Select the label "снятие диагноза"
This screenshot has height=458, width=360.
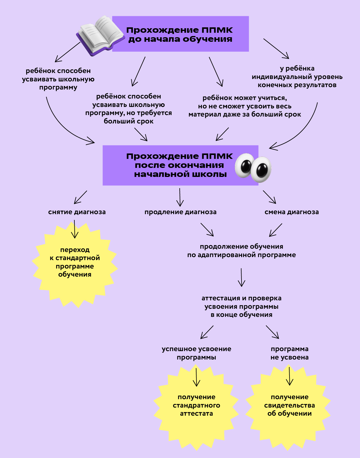click(x=77, y=212)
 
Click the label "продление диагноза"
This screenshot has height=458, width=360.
click(x=180, y=212)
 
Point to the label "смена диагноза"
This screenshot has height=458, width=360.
click(x=291, y=212)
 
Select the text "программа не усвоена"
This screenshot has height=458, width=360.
click(x=289, y=353)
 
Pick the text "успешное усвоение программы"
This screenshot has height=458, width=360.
click(x=196, y=353)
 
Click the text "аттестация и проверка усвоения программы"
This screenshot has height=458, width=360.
click(x=241, y=306)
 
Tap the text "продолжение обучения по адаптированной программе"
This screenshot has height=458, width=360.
click(x=241, y=251)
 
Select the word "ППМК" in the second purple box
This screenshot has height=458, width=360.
click(x=217, y=156)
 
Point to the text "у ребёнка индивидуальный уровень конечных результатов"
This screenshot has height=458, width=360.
click(x=297, y=77)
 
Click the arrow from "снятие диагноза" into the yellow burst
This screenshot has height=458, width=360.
click(x=75, y=229)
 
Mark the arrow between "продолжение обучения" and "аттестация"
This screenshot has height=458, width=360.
click(x=241, y=278)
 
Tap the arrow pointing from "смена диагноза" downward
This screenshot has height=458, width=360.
click(x=275, y=230)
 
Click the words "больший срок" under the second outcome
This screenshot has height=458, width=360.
click(x=128, y=121)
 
